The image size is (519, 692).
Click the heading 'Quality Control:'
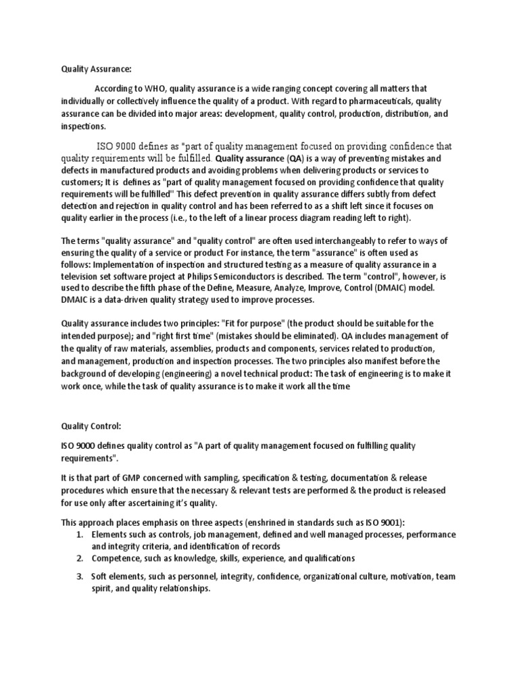(x=84, y=426)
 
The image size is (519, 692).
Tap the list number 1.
(x=79, y=534)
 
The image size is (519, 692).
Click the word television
(x=84, y=276)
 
